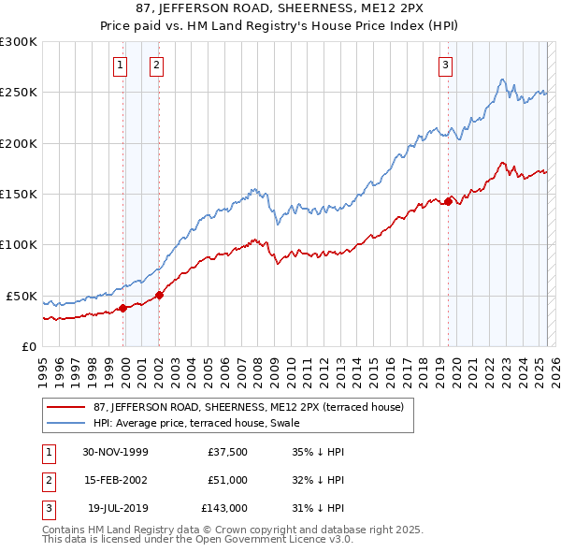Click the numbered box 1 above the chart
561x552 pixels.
(122, 65)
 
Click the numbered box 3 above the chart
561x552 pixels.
(445, 65)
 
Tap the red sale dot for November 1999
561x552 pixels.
(123, 308)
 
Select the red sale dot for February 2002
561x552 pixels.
(159, 295)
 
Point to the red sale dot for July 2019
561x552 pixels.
(448, 201)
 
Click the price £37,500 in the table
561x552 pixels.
(227, 452)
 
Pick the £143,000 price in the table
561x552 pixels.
(224, 508)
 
